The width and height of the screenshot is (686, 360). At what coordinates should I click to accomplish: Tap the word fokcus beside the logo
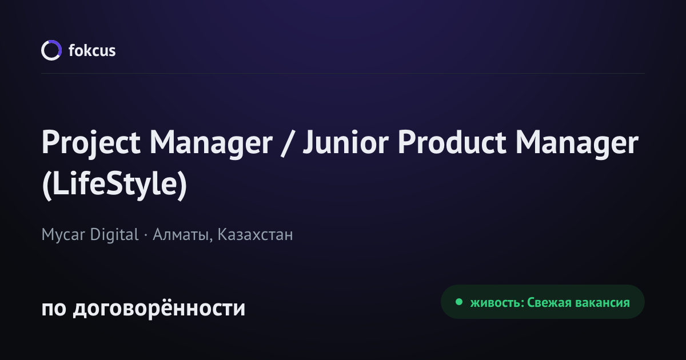tap(92, 50)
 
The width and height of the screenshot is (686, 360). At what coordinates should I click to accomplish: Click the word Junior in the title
tap(346, 142)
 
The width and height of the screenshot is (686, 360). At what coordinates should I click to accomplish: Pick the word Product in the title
tap(452, 142)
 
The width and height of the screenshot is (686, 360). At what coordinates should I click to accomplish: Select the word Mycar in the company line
tap(63, 235)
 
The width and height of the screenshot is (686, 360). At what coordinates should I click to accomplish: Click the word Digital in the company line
tap(114, 235)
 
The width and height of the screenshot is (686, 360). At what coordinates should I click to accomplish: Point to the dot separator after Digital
tap(145, 235)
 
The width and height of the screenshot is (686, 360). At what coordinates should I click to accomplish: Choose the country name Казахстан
tap(255, 235)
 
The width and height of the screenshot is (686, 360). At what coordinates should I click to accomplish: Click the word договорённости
tap(159, 307)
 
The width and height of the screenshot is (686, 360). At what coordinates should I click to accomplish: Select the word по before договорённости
tap(54, 309)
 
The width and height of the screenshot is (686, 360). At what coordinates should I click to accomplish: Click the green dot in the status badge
tap(458, 302)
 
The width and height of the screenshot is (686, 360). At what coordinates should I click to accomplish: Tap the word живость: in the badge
tap(497, 303)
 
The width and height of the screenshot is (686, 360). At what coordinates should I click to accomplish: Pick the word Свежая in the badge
tap(549, 303)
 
